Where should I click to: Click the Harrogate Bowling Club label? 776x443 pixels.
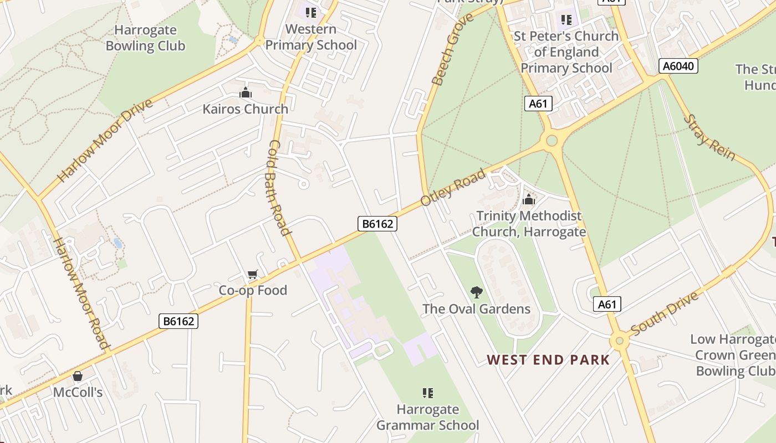click(145, 38)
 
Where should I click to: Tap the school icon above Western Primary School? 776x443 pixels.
click(311, 12)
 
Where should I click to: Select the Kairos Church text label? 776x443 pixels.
click(245, 109)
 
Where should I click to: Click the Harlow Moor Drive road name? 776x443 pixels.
click(105, 141)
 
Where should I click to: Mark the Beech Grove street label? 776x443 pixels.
click(453, 49)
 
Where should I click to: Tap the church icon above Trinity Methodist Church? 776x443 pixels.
click(529, 199)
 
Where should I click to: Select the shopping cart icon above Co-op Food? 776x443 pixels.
click(253, 274)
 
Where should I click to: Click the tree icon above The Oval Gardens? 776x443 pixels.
click(476, 292)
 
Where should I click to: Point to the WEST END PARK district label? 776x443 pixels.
click(548, 360)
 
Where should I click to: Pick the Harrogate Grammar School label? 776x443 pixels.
click(427, 418)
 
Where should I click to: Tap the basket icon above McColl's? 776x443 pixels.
click(78, 376)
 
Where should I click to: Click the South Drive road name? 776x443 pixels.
click(664, 313)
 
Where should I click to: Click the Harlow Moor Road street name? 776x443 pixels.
click(81, 293)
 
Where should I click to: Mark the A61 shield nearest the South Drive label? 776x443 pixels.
click(607, 304)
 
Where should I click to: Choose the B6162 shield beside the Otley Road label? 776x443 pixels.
click(377, 224)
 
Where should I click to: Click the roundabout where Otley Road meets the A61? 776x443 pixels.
click(552, 140)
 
